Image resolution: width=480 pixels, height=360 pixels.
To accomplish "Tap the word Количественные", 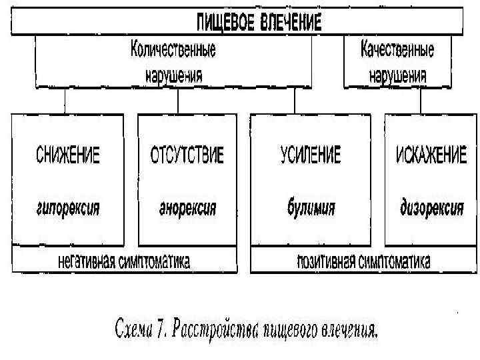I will click(x=173, y=50).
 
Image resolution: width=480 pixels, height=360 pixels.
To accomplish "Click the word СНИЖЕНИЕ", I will click(x=67, y=155).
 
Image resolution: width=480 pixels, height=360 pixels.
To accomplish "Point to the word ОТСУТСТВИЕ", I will click(x=187, y=155).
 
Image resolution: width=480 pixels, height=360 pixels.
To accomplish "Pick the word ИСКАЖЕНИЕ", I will click(x=431, y=155).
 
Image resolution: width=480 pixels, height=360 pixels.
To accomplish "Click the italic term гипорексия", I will click(x=67, y=207).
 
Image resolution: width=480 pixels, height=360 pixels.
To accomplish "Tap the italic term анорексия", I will click(x=187, y=207).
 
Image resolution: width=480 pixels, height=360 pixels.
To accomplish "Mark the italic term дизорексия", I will click(x=431, y=207).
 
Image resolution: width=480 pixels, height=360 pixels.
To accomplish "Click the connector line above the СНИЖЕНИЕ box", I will click(x=65, y=101).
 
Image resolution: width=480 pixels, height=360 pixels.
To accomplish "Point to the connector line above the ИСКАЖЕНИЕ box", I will click(x=421, y=101).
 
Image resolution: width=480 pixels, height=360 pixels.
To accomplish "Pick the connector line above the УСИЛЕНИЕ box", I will click(x=294, y=101).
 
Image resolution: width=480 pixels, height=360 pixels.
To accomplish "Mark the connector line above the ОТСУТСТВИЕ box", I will click(x=177, y=101).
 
